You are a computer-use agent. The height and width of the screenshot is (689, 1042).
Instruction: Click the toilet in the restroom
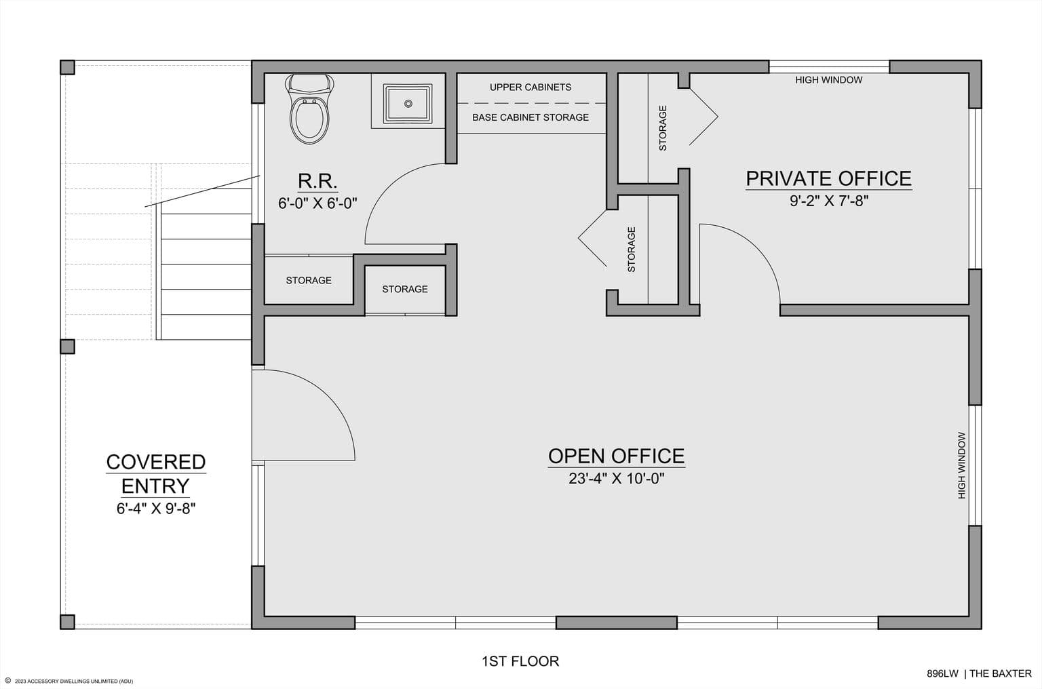pos(309,109)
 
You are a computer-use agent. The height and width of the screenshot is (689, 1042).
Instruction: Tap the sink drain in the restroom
pos(408,104)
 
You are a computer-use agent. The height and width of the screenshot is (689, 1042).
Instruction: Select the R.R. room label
pos(317,180)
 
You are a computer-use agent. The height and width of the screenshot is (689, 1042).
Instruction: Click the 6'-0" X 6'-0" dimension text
pos(317,203)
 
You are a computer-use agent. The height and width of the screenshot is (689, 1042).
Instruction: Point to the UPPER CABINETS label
pos(530,87)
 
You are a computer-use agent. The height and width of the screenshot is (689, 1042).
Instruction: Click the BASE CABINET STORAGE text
pos(530,117)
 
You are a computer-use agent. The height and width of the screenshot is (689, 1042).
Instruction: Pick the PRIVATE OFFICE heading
pos(828,178)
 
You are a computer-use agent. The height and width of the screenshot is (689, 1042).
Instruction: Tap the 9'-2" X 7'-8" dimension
pos(829,201)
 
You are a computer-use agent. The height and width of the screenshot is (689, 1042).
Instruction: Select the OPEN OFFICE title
pos(616,456)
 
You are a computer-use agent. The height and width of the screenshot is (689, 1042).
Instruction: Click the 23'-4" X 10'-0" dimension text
pos(617,478)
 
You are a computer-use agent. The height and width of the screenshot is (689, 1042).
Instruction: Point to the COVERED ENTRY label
pos(156,474)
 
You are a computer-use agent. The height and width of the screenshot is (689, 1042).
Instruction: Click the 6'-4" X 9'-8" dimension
pos(156,509)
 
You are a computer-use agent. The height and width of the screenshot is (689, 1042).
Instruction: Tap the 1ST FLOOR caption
pos(520,661)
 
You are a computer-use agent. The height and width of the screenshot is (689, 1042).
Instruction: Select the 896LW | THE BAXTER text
pos(979,673)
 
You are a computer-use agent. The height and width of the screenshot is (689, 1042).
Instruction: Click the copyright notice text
pos(69,681)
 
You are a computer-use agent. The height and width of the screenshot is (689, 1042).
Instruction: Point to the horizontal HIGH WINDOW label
pos(828,80)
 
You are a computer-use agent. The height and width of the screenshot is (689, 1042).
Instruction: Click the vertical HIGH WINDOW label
pos(961,465)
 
